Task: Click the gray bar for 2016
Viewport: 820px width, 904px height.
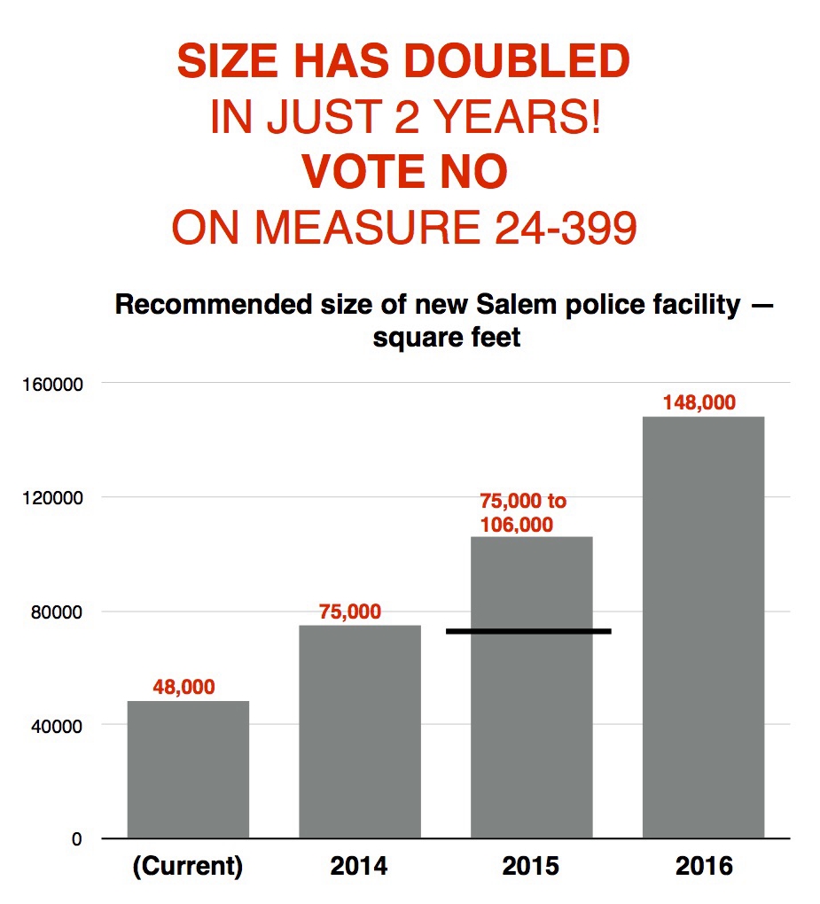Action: click(x=703, y=627)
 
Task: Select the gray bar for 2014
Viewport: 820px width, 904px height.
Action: click(x=360, y=731)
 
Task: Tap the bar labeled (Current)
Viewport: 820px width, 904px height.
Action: click(x=188, y=769)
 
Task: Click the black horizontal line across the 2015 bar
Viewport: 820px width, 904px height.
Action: click(x=528, y=631)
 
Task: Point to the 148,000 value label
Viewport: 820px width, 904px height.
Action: click(x=699, y=402)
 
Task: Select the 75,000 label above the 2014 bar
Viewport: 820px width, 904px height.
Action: click(x=350, y=612)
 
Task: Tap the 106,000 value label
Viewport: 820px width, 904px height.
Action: click(x=517, y=525)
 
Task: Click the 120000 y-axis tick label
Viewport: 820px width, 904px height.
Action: click(x=59, y=497)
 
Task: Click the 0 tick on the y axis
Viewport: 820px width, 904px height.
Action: click(x=76, y=838)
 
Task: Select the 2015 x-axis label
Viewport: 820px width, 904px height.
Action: click(x=531, y=866)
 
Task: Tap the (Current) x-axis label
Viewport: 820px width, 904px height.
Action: click(x=188, y=866)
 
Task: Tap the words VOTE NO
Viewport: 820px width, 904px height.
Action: click(x=405, y=173)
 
